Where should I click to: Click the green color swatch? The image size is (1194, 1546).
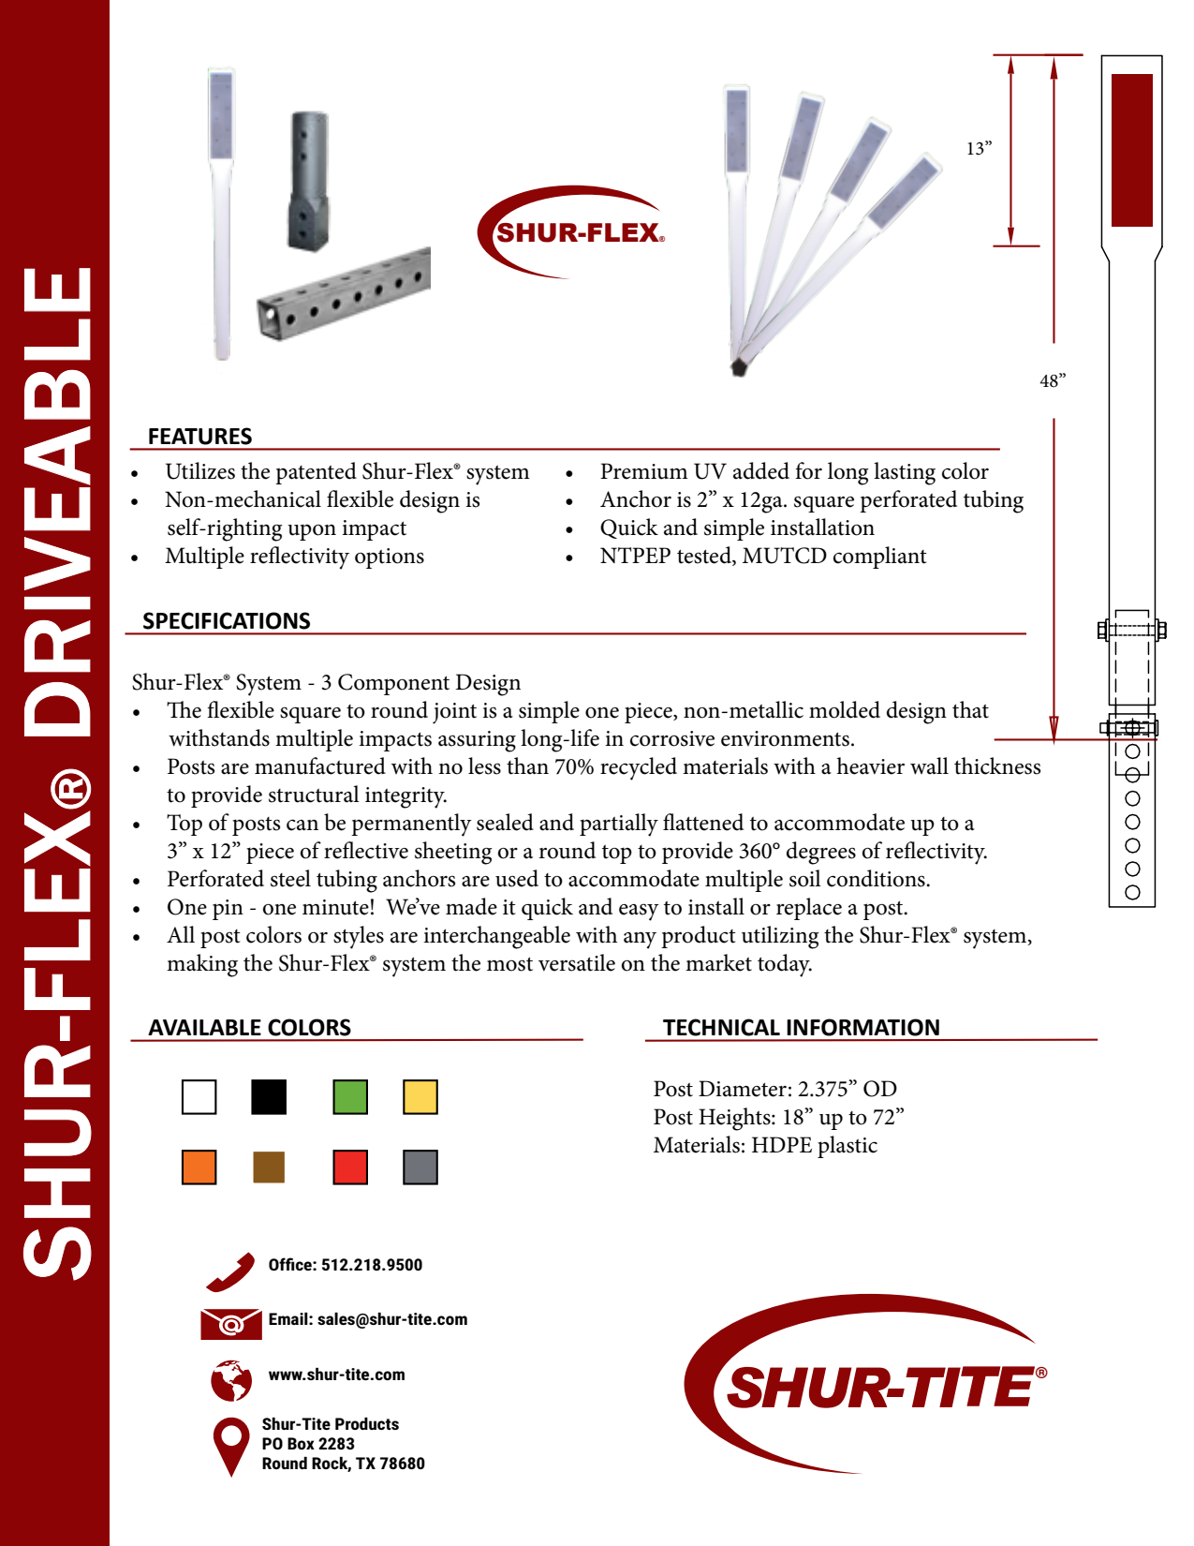(350, 1097)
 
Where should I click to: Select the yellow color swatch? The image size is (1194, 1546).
(420, 1097)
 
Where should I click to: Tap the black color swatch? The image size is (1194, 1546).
(269, 1097)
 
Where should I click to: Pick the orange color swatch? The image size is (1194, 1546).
(199, 1167)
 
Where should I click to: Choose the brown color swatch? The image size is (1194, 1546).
(269, 1167)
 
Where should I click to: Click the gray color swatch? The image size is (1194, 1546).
(420, 1167)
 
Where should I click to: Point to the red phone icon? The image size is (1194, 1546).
(230, 1271)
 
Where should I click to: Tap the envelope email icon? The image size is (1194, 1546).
(230, 1323)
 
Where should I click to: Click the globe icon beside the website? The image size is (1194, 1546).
(231, 1380)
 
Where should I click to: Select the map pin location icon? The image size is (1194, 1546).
(230, 1445)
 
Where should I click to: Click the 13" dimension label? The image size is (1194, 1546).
(979, 149)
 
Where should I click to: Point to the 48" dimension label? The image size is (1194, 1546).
(1053, 381)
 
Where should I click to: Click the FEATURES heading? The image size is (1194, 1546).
(199, 437)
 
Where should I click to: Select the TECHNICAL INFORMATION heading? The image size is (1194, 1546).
(801, 1028)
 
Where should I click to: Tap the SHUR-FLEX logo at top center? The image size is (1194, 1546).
(574, 231)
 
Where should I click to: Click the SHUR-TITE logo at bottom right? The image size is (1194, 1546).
(871, 1385)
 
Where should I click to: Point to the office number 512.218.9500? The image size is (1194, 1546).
(371, 1265)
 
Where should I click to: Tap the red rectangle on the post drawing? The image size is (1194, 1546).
(1131, 150)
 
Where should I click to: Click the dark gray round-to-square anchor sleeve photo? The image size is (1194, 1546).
(307, 182)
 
